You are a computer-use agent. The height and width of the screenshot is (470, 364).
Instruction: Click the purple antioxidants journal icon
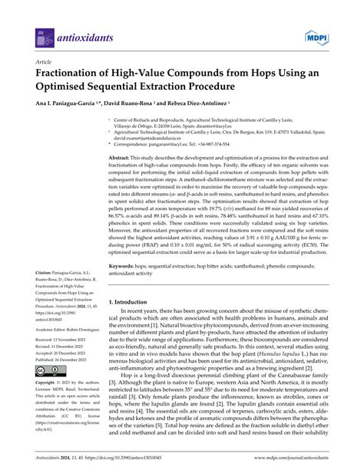pyautogui.click(x=45, y=37)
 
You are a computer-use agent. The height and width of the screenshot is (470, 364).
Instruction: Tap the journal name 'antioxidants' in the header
pyautogui.click(x=82, y=37)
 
